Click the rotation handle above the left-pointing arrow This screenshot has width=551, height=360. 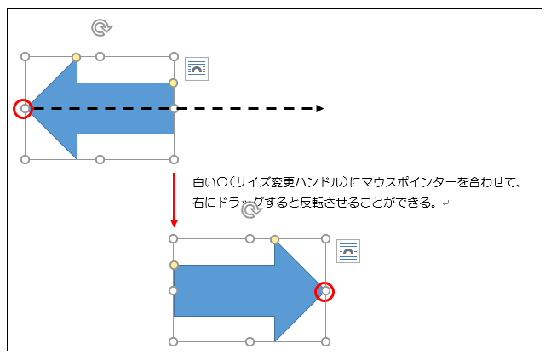click(x=101, y=28)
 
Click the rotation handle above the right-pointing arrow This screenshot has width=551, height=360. click(x=250, y=209)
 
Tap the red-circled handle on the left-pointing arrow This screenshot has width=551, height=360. click(x=25, y=108)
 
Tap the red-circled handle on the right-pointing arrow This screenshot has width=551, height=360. click(x=325, y=291)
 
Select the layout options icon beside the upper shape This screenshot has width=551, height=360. click(x=197, y=69)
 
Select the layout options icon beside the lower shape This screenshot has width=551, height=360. click(x=348, y=251)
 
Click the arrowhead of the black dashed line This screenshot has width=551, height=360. click(x=319, y=108)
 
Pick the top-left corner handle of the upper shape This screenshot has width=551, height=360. click(x=25, y=57)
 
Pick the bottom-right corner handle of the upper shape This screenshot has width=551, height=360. click(x=174, y=159)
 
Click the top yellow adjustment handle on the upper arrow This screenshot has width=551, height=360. click(x=77, y=57)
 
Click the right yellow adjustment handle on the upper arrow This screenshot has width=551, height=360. click(x=174, y=83)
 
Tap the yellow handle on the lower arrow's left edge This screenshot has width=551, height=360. click(x=174, y=266)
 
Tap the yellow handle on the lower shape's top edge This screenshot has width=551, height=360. click(x=274, y=239)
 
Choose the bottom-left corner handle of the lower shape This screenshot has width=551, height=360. click(x=174, y=342)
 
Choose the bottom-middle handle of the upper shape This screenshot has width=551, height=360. click(x=100, y=159)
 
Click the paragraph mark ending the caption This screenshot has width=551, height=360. click(x=445, y=204)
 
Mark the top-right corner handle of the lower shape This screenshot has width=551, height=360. click(x=325, y=239)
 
